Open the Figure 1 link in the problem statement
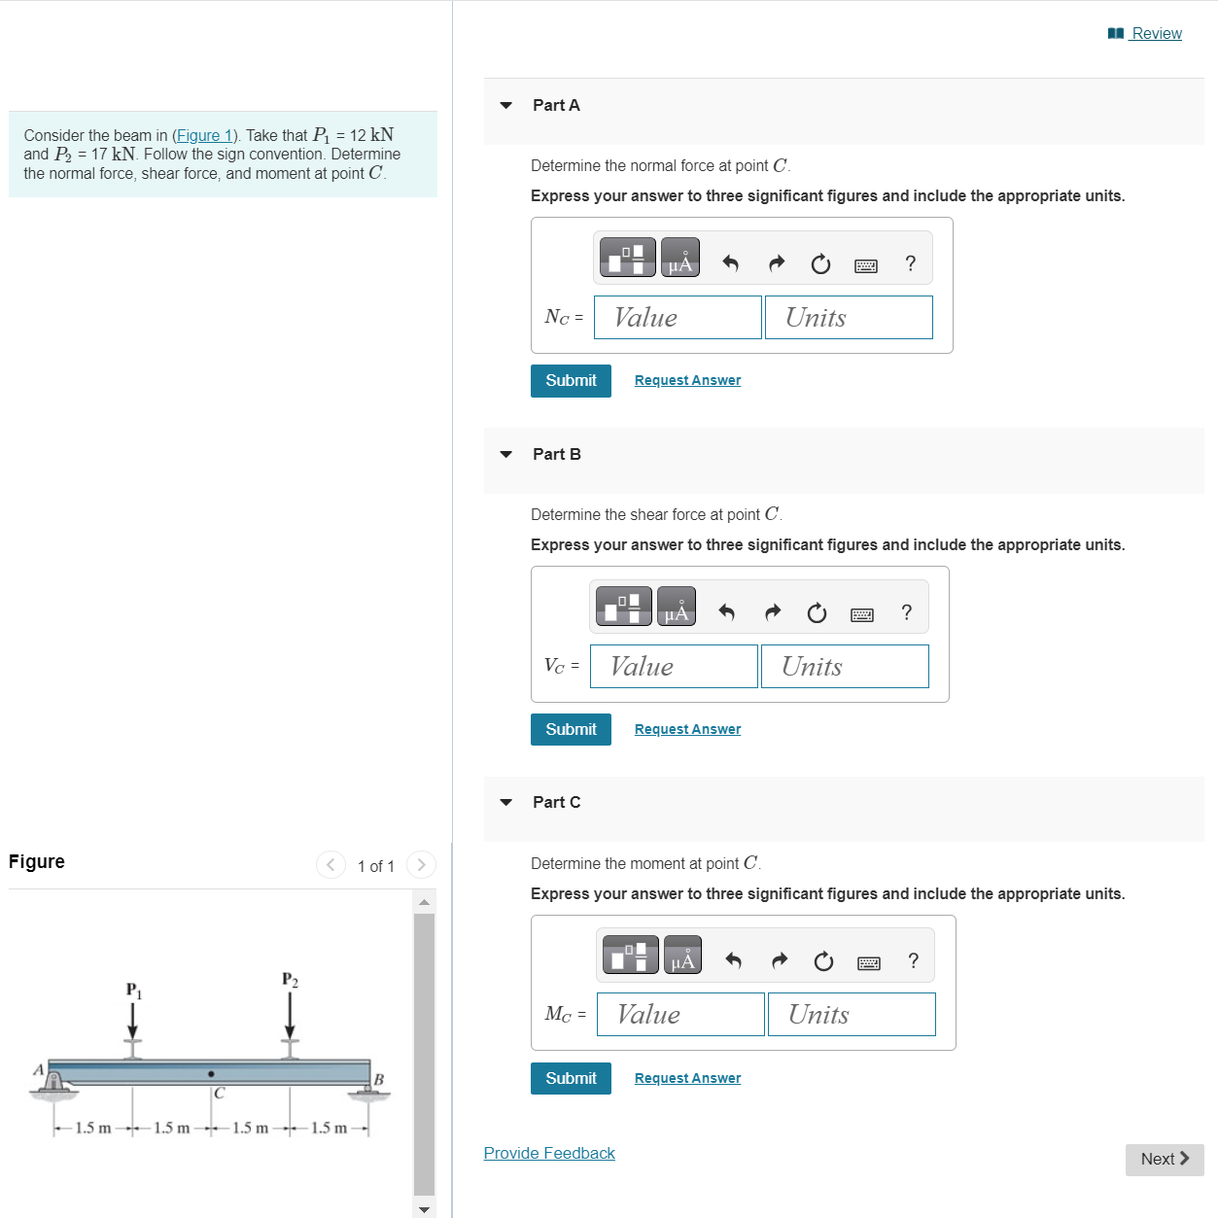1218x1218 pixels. (x=204, y=136)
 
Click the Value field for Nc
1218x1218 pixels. (x=678, y=318)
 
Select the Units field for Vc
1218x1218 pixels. (x=844, y=667)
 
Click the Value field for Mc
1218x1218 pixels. (x=680, y=1015)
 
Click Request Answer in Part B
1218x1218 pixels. (x=687, y=730)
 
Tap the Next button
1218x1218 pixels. (x=1164, y=1160)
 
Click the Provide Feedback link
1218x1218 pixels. (x=549, y=1154)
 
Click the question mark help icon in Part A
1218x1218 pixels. (x=910, y=263)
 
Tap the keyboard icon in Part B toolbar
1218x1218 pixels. (x=861, y=614)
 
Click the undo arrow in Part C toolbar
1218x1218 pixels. (x=733, y=961)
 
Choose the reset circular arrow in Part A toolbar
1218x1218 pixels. (x=820, y=264)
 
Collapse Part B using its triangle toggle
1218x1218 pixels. (x=505, y=454)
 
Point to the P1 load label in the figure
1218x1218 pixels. (x=133, y=991)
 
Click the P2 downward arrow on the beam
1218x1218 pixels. (x=290, y=1018)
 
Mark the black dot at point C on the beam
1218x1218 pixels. (x=211, y=1074)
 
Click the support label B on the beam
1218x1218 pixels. (x=379, y=1080)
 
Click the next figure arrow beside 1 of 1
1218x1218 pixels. (x=421, y=865)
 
